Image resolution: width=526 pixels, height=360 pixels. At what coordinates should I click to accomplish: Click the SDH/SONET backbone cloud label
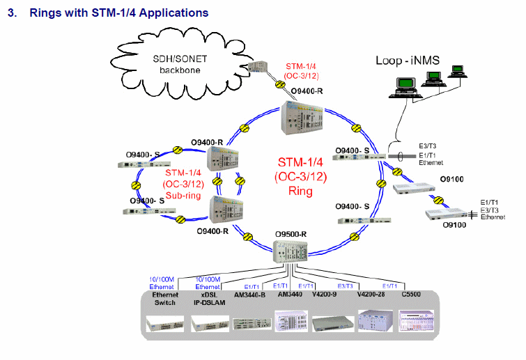pos(180,64)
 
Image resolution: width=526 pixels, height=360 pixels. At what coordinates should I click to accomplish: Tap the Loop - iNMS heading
pos(408,61)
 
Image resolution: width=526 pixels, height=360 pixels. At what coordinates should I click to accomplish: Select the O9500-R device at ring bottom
pos(291,252)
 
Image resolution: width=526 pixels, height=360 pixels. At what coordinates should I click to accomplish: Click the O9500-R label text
pos(291,234)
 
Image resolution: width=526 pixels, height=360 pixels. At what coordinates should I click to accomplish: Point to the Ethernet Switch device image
pos(165,324)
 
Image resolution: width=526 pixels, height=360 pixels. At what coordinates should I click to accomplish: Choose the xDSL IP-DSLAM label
pos(209,299)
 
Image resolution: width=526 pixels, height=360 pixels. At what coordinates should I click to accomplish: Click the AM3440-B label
pos(249,295)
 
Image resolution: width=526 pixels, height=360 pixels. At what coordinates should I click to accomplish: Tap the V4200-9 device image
pos(333,324)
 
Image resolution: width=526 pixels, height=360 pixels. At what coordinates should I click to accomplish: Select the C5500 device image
pos(416,321)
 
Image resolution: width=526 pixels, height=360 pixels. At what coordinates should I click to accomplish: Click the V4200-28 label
pos(371,295)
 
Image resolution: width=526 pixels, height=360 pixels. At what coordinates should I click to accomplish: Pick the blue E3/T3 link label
pos(345,286)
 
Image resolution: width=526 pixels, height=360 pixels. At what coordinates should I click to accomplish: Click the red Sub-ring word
pos(183,196)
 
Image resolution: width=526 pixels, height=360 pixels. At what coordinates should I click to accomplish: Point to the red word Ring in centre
pos(300,191)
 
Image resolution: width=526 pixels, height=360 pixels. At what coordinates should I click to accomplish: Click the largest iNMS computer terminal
pos(405,88)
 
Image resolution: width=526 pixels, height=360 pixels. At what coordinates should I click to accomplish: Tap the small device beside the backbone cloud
pos(258,66)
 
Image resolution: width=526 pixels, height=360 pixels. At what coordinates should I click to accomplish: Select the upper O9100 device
pos(414,189)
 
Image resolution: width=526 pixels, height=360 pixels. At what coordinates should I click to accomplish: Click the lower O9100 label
pos(454,225)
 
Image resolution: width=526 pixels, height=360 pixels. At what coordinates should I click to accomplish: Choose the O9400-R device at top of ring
pos(302,118)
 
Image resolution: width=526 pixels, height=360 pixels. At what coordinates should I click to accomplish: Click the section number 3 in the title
pos(12,13)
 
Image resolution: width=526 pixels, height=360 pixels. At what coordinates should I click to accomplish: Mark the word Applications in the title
pos(173,13)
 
